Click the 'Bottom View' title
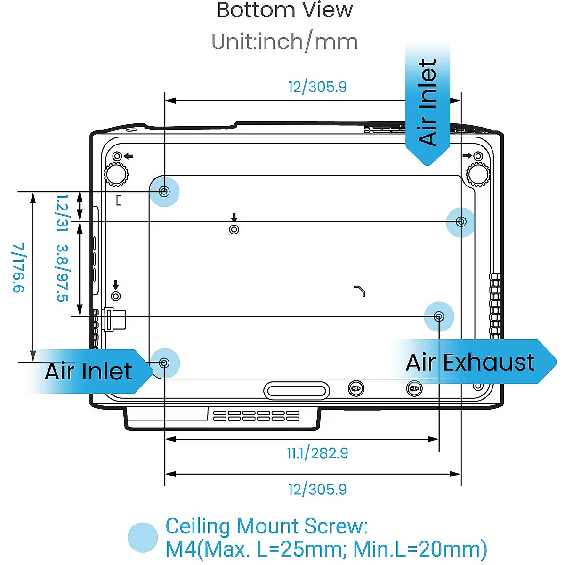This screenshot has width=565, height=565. tap(284, 10)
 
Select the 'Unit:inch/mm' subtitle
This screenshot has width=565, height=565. tap(284, 42)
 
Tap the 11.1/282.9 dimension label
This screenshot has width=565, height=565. tap(317, 453)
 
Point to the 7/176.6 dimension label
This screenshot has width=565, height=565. tap(18, 268)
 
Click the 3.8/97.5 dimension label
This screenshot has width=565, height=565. tap(62, 273)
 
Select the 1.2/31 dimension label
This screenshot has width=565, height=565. tap(62, 213)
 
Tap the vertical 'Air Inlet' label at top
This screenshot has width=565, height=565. tap(428, 102)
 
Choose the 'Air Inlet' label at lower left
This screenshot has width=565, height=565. tap(89, 371)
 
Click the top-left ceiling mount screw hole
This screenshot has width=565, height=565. tap(164, 191)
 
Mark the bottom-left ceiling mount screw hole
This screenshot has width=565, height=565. tap(164, 363)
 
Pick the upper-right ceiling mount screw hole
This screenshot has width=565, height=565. tap(461, 221)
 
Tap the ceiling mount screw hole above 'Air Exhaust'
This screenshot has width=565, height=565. tap(439, 316)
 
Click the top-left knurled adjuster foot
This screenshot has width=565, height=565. tap(115, 174)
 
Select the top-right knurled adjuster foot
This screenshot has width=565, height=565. tap(478, 174)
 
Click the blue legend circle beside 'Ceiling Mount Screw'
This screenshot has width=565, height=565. tap(143, 537)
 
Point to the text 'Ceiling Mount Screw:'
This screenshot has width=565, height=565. tap(266, 526)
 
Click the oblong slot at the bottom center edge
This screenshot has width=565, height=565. tap(296, 390)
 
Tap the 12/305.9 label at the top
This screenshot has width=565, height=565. tap(317, 87)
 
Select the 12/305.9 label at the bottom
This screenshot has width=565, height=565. tap(317, 490)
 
